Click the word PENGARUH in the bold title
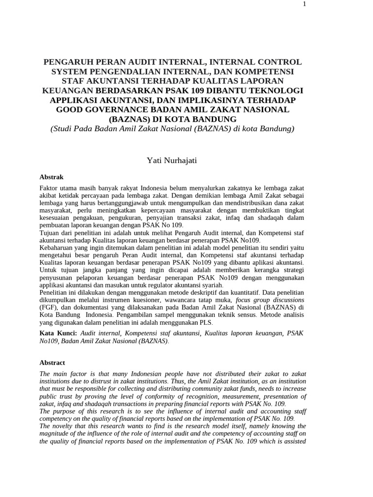[x=68, y=62]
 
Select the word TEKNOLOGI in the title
[x=280, y=90]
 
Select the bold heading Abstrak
[x=51, y=177]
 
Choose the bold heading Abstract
[x=52, y=363]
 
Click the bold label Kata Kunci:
[x=58, y=333]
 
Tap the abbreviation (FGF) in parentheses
[x=48, y=307]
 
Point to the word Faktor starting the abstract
[x=49, y=188]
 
